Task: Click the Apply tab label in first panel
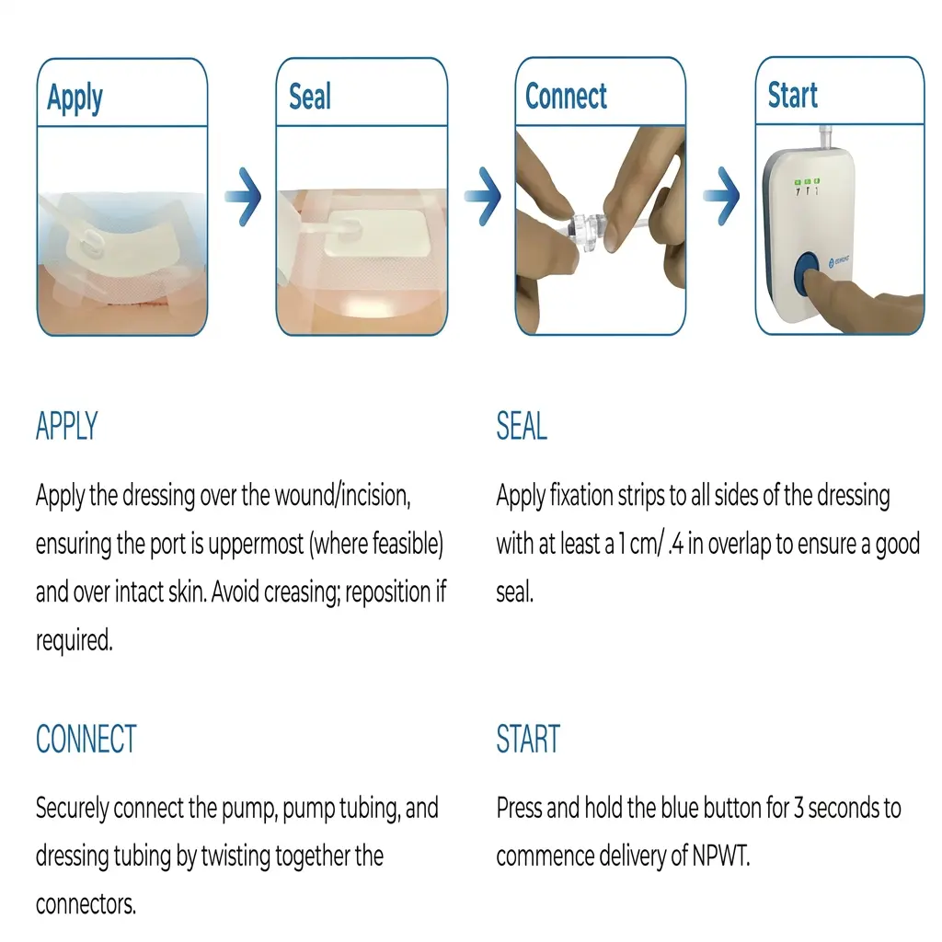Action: pos(75,98)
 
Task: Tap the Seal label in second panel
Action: pos(309,97)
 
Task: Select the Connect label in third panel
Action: pos(566,96)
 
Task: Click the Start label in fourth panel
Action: pos(792,95)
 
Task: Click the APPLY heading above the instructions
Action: pos(66,427)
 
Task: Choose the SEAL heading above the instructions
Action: pos(522,427)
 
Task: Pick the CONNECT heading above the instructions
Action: pos(86,740)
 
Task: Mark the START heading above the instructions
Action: pos(528,740)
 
